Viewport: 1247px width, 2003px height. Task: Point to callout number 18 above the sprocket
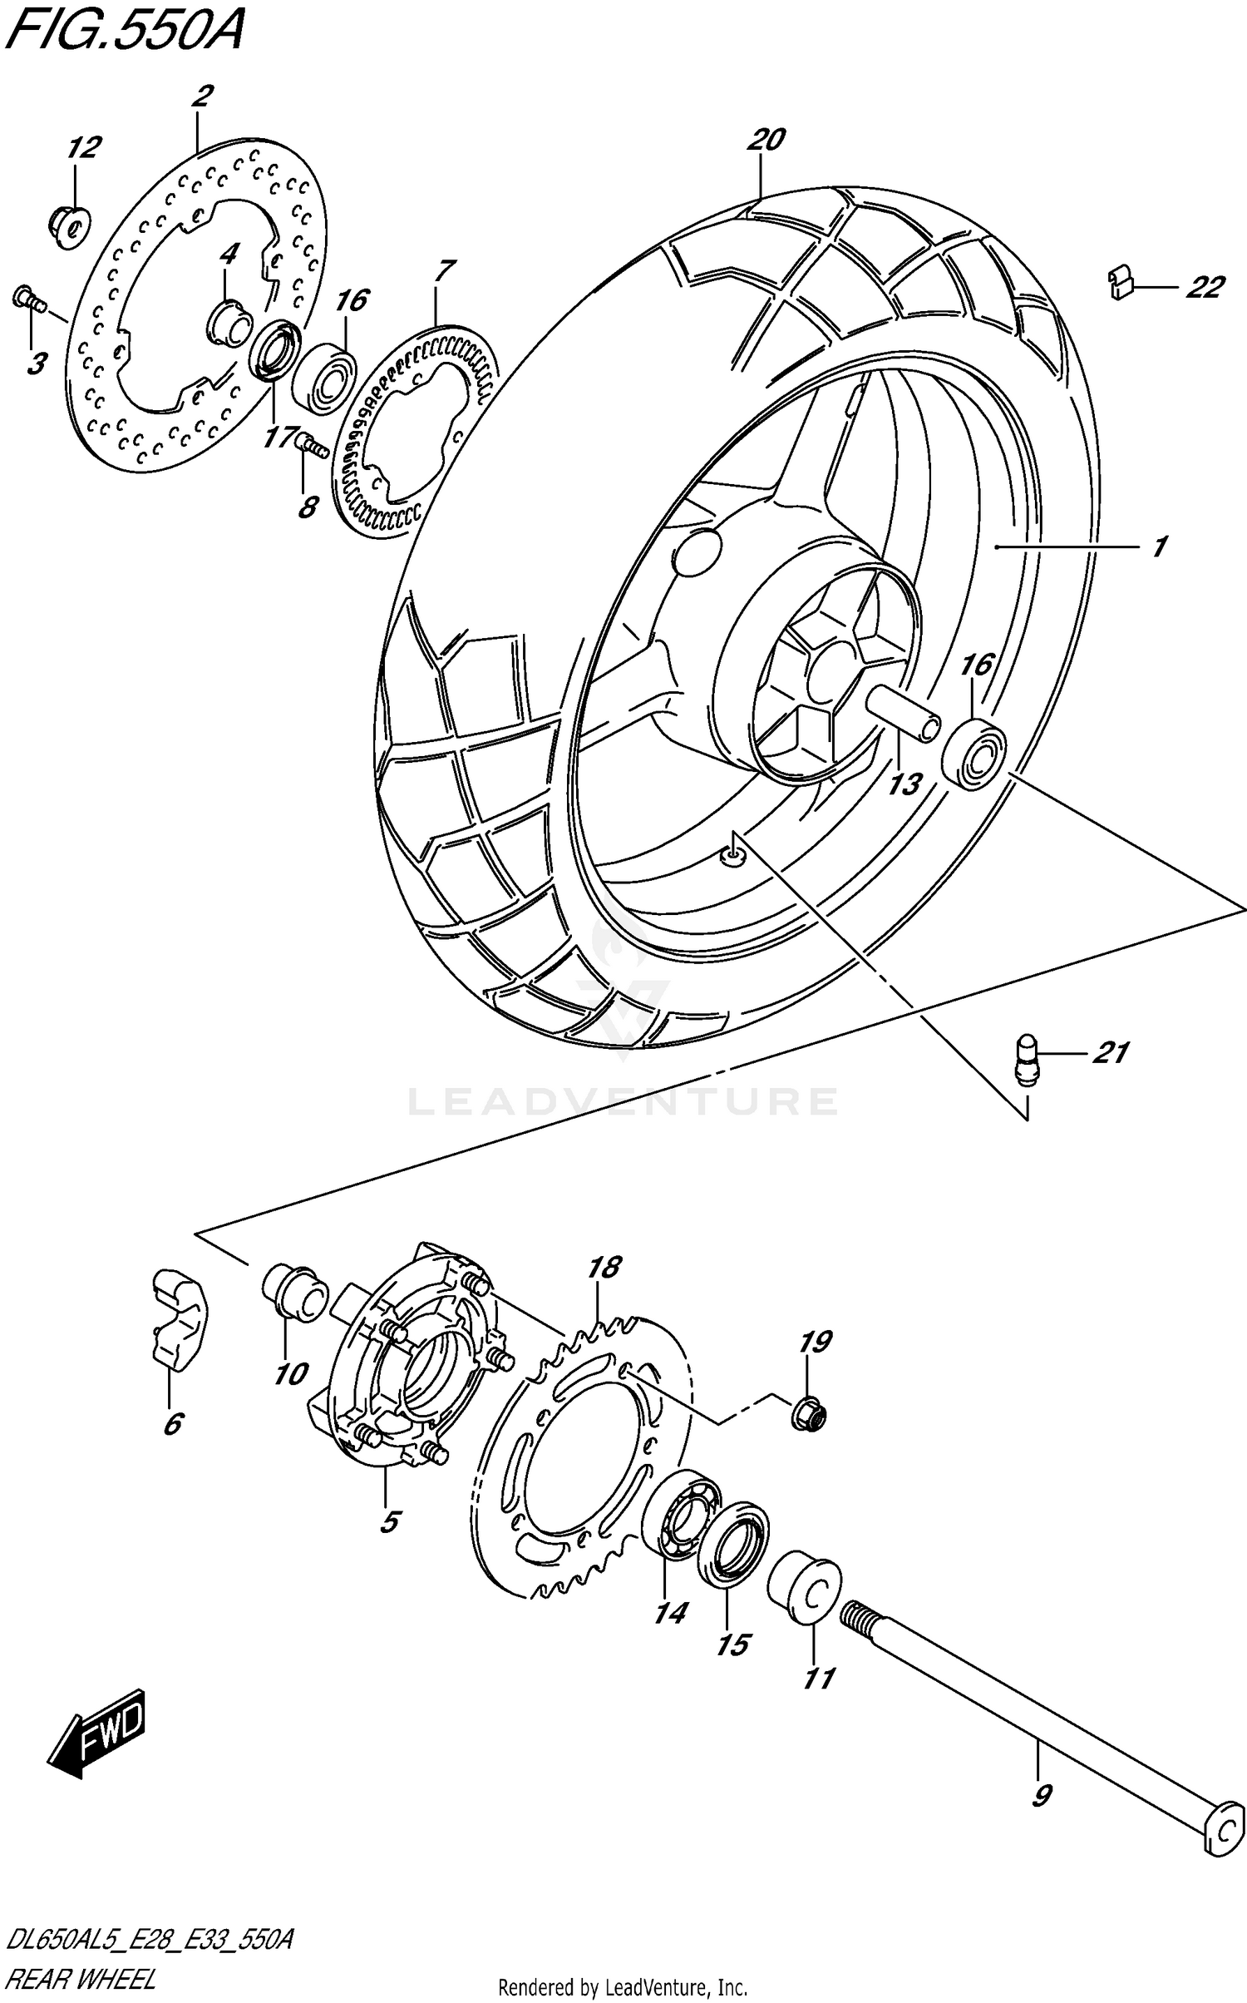coord(604,1268)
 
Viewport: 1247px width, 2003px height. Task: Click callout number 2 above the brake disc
coord(201,97)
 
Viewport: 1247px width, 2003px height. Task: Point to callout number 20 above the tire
coord(766,140)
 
